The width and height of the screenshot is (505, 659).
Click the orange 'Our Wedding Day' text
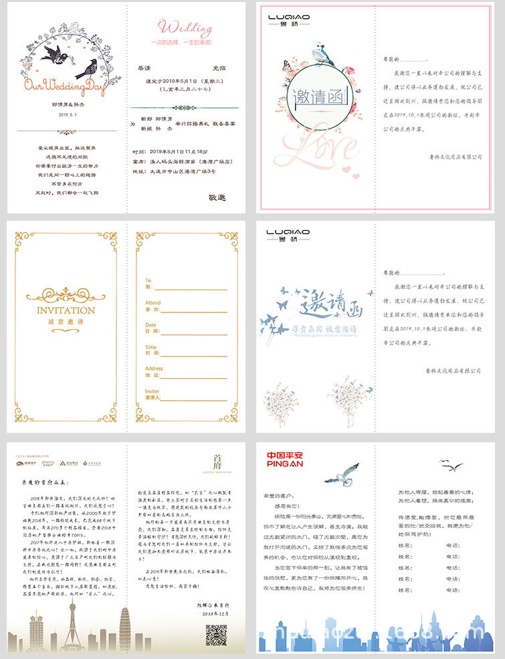(64, 86)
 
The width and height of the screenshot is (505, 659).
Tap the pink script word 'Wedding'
(185, 27)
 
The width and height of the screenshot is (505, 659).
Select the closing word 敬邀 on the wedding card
(217, 197)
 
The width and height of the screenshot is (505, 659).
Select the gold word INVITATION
(66, 310)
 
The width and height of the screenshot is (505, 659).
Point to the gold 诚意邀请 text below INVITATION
(66, 322)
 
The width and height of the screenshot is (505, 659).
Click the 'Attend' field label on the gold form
(153, 303)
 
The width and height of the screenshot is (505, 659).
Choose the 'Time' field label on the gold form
(151, 347)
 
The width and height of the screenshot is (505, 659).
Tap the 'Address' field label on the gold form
(154, 369)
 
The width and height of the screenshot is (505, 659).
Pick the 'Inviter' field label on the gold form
(153, 391)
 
